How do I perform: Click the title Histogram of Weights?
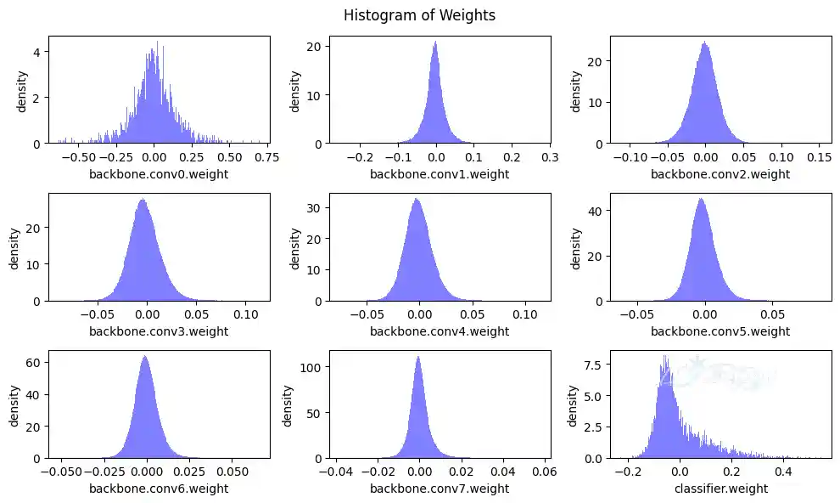point(419,14)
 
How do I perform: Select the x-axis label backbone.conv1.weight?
point(440,174)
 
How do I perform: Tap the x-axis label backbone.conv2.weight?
point(720,174)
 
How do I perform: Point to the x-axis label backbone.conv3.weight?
point(159,331)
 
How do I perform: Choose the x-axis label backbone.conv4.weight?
point(440,331)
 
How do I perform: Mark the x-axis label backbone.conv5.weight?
point(720,331)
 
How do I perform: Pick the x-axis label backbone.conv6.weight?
point(159,489)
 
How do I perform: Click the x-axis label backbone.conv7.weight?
point(440,489)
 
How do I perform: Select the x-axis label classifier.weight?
point(720,489)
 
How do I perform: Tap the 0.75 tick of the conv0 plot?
point(267,157)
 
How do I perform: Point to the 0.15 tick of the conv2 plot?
point(818,157)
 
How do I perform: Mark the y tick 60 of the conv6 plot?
point(36,362)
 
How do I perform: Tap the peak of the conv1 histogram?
point(435,42)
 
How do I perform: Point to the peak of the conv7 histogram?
point(418,357)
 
